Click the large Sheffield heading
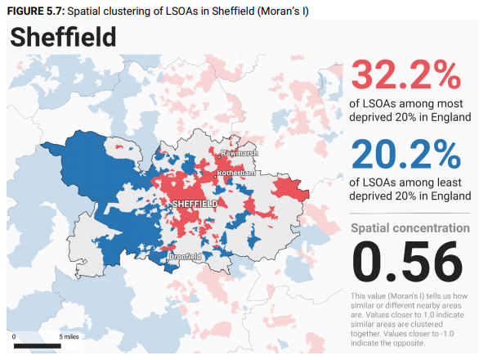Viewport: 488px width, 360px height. coord(63,37)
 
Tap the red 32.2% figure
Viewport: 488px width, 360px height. coord(405,75)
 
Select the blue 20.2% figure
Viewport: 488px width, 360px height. coord(405,154)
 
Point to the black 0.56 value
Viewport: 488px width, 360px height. coord(407,262)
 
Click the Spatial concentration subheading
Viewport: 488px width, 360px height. coord(410,228)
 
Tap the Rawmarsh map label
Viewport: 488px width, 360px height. coord(240,153)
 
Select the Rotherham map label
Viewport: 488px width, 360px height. coord(236,173)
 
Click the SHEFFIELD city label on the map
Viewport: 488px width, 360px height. coord(195,204)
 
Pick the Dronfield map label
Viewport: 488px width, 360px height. coord(185,257)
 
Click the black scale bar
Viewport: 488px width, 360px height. coord(38,345)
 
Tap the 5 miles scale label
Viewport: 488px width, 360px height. coord(69,336)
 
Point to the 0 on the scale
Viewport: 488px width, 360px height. coord(14,336)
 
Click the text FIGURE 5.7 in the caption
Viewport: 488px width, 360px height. coord(36,11)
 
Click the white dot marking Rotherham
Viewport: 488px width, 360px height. coord(215,177)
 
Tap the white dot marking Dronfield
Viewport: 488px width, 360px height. coord(167,260)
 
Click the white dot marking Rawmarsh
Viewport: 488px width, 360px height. coord(219,157)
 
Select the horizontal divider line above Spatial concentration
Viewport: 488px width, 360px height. coord(410,214)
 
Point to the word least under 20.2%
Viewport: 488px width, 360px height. coord(449,182)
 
